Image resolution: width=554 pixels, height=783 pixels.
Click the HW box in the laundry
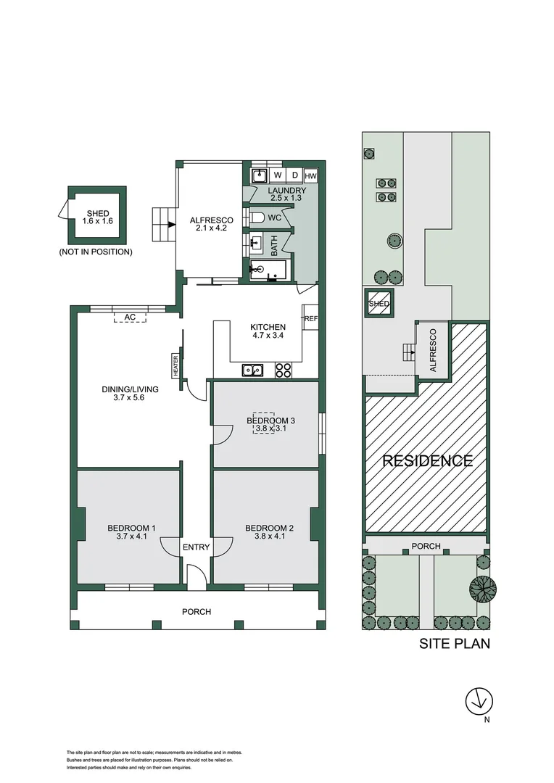coord(310,176)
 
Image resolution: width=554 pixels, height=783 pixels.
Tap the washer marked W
coord(277,175)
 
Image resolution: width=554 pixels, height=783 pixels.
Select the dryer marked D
coord(294,175)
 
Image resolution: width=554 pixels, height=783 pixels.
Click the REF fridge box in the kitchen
coord(311,318)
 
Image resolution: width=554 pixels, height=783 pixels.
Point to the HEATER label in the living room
coord(175,365)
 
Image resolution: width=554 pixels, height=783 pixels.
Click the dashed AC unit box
coord(131,318)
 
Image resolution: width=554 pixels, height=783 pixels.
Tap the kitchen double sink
coord(253,370)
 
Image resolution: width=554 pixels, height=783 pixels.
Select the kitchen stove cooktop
coord(283,370)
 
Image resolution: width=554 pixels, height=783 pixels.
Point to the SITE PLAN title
coord(455,643)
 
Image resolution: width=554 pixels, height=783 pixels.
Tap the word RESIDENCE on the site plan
coord(428,460)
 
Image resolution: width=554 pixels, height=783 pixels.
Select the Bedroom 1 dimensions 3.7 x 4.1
coord(131,536)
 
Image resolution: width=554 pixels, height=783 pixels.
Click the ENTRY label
coord(196,547)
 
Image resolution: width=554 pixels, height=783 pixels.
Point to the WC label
coord(274,217)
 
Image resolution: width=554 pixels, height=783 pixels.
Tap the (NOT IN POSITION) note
coord(96,252)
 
